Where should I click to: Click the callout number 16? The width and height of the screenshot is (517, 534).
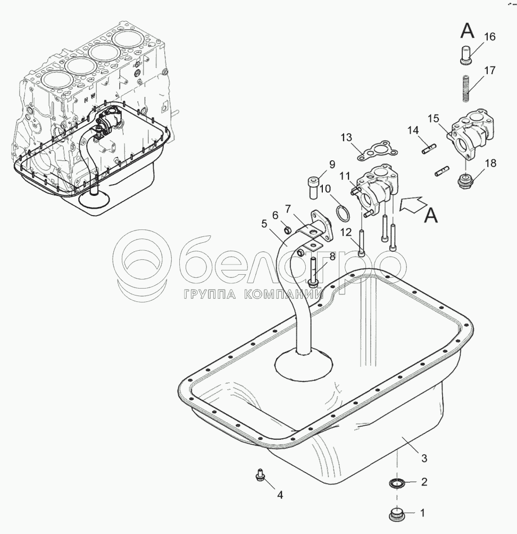pyautogui.click(x=489, y=36)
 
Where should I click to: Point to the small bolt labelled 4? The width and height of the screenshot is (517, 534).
pyautogui.click(x=261, y=475)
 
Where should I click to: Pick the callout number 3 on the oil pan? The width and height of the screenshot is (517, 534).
pyautogui.click(x=424, y=458)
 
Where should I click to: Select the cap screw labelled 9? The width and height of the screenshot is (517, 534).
pyautogui.click(x=313, y=187)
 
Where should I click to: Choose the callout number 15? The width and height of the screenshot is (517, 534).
pyautogui.click(x=433, y=119)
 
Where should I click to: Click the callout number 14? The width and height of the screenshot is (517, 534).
pyautogui.click(x=413, y=130)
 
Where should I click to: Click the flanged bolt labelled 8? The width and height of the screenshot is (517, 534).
pyautogui.click(x=314, y=272)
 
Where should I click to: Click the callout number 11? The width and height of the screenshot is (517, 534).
pyautogui.click(x=345, y=176)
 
